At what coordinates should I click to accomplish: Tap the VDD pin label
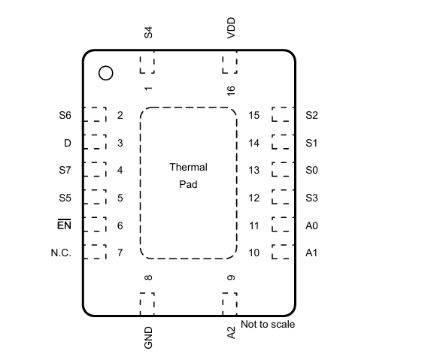231,28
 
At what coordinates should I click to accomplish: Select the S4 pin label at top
148,32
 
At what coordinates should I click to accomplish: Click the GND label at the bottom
148,337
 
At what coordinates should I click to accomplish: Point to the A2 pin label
231,333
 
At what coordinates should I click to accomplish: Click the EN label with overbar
64,225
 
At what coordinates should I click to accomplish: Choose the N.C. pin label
61,253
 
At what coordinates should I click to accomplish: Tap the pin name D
68,143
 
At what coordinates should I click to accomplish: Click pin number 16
231,91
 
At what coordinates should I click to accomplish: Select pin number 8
148,277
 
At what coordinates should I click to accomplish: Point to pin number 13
254,170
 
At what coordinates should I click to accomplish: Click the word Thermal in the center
188,167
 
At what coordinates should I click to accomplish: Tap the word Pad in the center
188,184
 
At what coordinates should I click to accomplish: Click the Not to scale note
268,324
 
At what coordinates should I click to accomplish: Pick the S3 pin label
311,198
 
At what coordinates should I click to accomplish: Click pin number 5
120,198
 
